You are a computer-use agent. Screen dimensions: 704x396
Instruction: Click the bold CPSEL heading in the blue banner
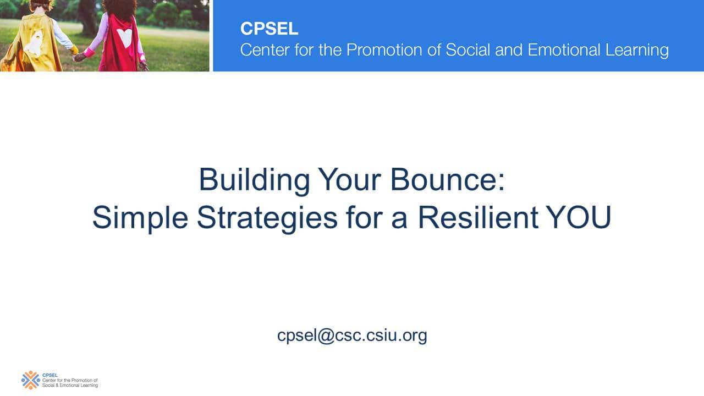(x=269, y=29)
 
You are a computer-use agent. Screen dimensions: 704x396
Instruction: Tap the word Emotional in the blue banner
(x=564, y=50)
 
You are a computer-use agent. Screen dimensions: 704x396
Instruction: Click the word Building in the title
(x=254, y=180)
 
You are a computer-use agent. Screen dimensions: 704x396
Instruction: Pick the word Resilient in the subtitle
(x=478, y=217)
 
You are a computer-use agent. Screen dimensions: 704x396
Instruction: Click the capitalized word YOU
(x=578, y=217)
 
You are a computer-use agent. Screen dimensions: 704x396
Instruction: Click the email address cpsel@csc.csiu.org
(x=352, y=335)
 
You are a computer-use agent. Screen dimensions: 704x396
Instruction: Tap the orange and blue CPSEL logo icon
(x=30, y=380)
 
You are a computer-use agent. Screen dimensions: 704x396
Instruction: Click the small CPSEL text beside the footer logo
(x=50, y=375)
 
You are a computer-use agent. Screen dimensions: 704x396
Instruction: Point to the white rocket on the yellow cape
(x=34, y=44)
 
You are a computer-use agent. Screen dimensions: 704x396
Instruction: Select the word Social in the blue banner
(x=468, y=50)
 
